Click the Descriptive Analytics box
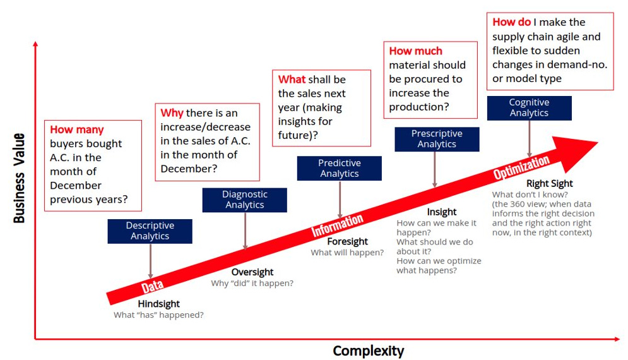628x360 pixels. tap(150, 231)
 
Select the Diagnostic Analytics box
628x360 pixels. tap(244, 200)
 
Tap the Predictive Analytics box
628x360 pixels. tap(339, 169)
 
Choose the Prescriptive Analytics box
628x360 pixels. tap(437, 139)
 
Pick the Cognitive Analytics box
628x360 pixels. tap(529, 108)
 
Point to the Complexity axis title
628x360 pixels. tap(368, 351)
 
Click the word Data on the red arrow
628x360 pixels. tap(152, 287)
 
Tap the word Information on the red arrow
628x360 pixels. tap(338, 225)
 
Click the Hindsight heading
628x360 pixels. tap(158, 304)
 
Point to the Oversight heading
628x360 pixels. tap(252, 272)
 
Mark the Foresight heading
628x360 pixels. tap(347, 241)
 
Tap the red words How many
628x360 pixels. tap(76, 130)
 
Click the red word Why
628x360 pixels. tap(172, 113)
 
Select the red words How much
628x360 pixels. tap(415, 51)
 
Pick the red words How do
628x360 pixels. tap(511, 23)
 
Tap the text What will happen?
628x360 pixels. tap(347, 253)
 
